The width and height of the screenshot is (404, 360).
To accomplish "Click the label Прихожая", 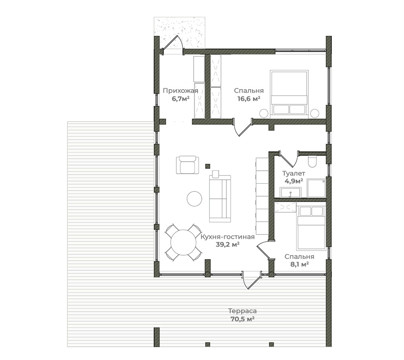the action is [x=180, y=91].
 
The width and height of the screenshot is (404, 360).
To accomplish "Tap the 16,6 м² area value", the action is [x=249, y=98].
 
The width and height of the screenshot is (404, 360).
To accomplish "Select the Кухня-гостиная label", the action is [x=228, y=237].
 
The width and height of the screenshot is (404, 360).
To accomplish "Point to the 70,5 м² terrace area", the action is [x=242, y=319].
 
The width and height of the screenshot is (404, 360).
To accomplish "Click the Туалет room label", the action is [x=294, y=173].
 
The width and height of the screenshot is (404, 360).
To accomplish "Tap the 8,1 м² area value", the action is [x=299, y=264].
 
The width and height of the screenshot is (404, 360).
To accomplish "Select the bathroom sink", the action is [x=290, y=192].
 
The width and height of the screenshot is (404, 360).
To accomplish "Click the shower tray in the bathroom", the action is [x=316, y=188].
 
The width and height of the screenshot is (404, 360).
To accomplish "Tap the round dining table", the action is [x=183, y=242].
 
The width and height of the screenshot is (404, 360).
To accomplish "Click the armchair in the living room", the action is [x=187, y=165].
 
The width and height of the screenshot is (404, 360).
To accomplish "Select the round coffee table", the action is [x=194, y=198].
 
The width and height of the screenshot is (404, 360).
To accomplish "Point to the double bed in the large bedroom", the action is [x=289, y=94].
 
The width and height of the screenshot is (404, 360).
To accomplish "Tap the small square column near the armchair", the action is [x=207, y=166].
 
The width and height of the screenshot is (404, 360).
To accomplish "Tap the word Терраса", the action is [x=242, y=311].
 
